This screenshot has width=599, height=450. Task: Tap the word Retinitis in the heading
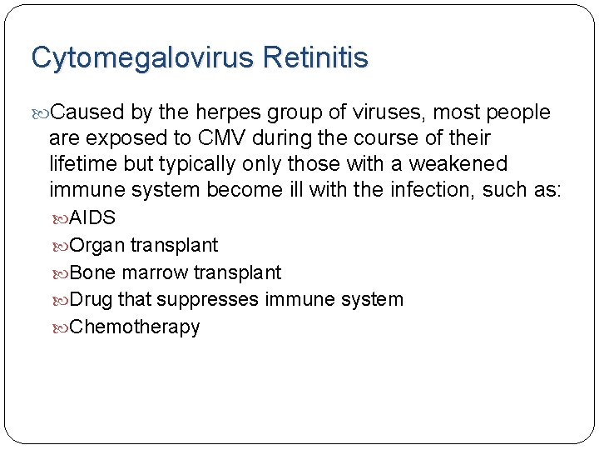(x=315, y=58)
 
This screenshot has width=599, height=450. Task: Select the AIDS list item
(x=92, y=218)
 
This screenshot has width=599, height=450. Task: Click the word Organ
(x=97, y=246)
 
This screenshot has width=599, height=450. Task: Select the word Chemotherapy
(x=135, y=327)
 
